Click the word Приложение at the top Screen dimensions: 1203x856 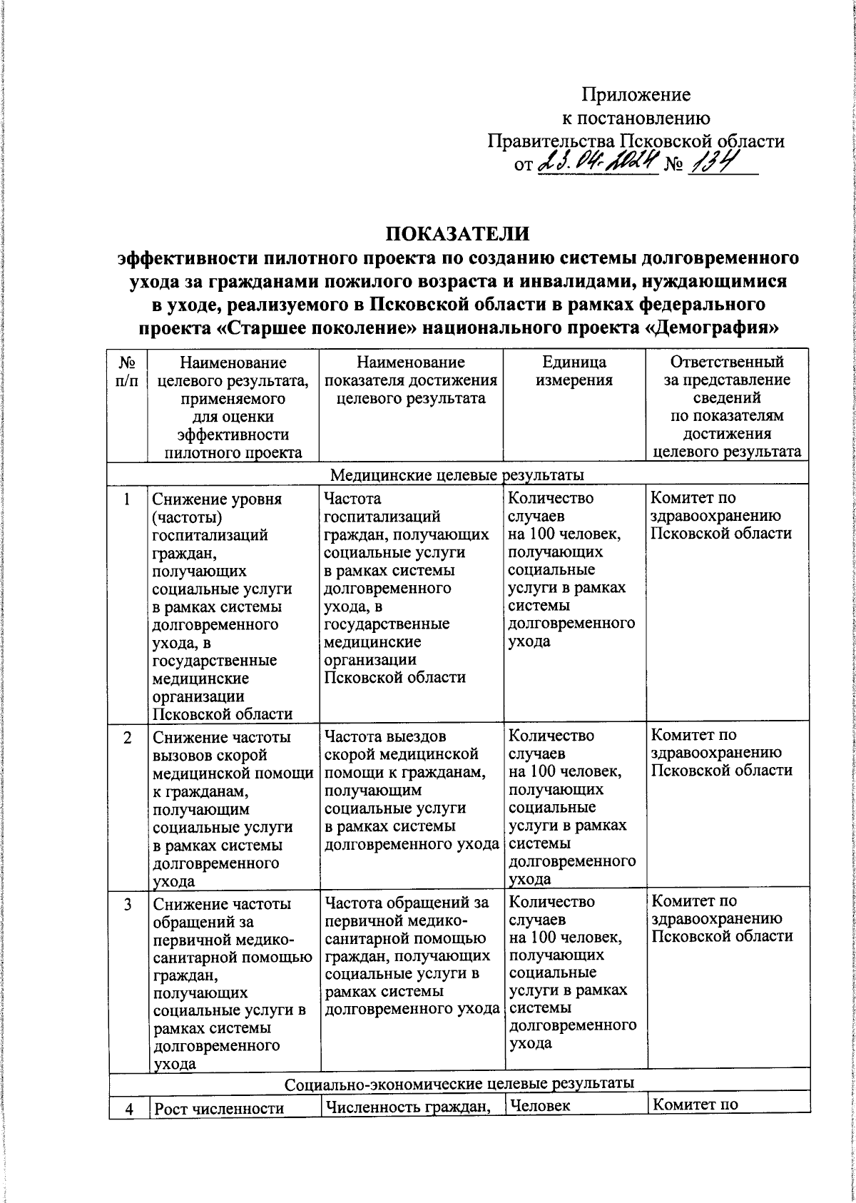pos(636,95)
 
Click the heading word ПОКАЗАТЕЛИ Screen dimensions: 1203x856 pos(458,234)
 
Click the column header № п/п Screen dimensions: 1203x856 pos(126,371)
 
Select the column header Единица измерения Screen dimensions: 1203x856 pos(574,371)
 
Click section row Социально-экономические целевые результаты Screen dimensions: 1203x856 pos(459,1082)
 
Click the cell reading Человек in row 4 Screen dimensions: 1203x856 pos(541,1106)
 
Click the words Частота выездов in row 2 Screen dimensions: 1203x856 pos(385,735)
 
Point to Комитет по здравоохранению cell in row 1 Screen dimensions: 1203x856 pos(720,515)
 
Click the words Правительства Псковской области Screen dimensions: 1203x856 pos(636,141)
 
